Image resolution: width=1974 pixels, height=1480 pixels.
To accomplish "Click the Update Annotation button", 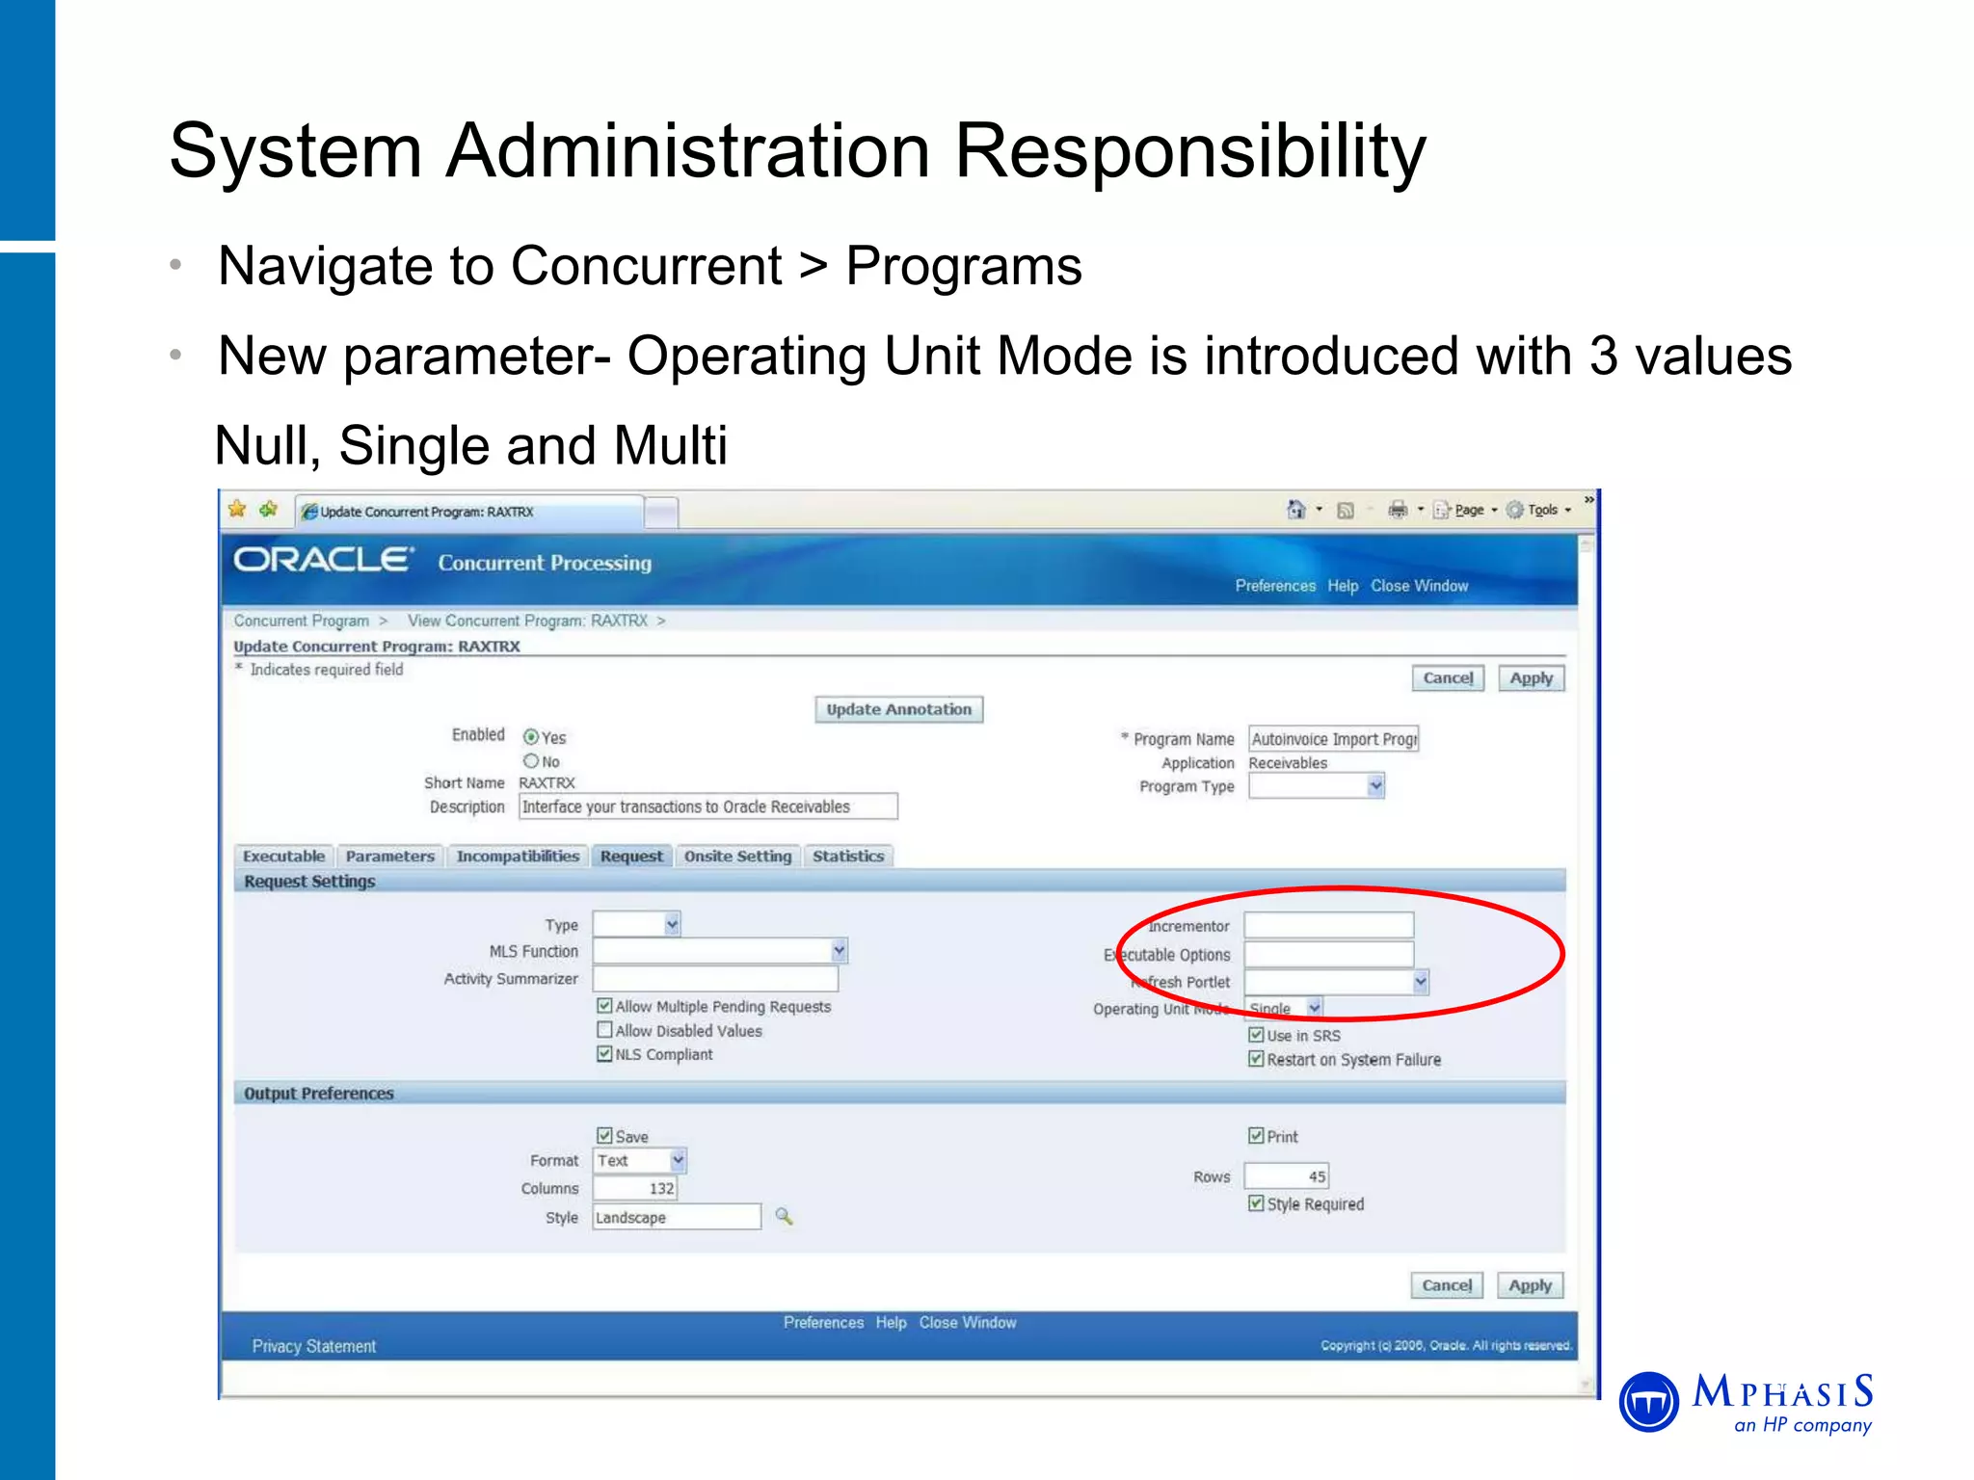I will [898, 709].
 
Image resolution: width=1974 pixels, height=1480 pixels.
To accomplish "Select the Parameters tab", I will [390, 856].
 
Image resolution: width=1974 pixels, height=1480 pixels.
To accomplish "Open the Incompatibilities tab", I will [518, 856].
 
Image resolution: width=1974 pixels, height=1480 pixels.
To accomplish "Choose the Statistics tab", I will [848, 856].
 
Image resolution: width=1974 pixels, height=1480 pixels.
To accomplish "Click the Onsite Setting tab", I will [737, 856].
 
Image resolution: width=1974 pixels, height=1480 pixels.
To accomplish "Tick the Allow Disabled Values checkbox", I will [605, 1030].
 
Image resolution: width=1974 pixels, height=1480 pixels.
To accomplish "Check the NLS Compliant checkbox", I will [605, 1054].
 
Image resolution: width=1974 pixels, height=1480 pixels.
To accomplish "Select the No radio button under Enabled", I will [531, 761].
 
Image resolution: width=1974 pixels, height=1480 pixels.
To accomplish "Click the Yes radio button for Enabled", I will [531, 737].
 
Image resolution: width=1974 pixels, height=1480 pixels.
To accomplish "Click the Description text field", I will [707, 806].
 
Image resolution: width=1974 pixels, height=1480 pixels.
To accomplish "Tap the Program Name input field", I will [1333, 739].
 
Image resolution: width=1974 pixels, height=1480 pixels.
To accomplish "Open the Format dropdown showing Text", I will [640, 1161].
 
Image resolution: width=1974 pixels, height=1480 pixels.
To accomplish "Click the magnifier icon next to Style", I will [785, 1217].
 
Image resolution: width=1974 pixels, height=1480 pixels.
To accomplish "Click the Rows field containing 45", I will [1287, 1176].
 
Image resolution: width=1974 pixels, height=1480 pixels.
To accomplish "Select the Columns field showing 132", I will [635, 1189].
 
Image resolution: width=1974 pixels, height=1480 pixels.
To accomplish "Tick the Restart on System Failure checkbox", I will [1256, 1059].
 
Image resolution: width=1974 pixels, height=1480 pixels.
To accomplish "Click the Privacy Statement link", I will [314, 1346].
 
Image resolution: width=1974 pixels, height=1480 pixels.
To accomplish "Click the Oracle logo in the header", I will [324, 560].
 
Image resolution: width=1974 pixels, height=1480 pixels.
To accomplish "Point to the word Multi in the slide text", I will [670, 446].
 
